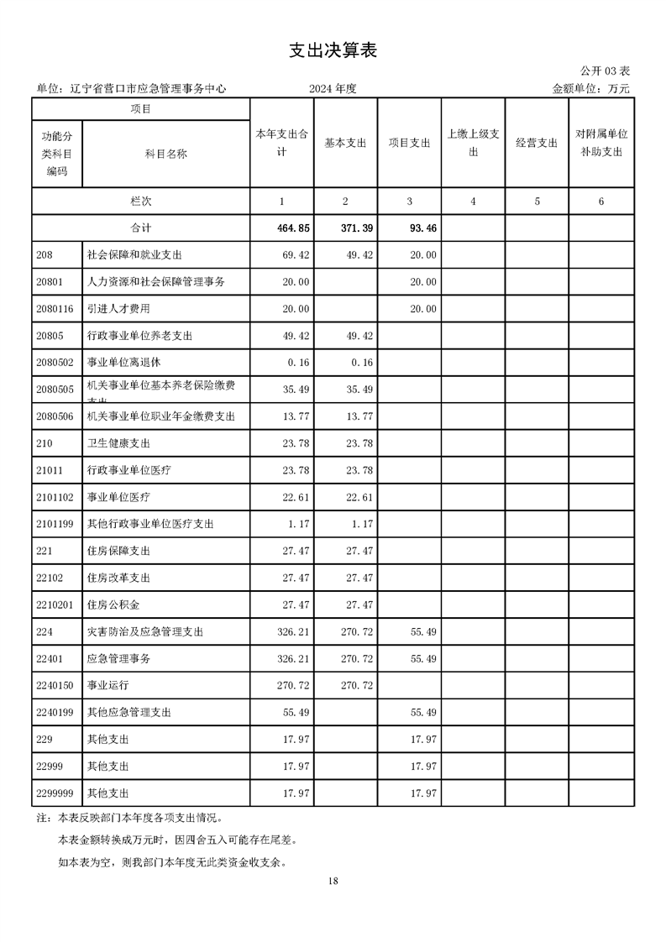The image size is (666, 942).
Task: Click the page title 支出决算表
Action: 333,50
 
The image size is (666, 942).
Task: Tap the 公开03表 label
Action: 604,71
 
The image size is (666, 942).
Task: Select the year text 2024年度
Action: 333,88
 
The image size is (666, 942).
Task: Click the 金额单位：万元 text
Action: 590,88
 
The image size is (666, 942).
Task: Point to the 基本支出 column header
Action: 345,143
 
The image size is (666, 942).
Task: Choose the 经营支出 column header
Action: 537,143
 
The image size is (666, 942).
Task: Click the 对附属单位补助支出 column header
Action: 601,143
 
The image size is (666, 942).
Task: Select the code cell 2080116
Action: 57,308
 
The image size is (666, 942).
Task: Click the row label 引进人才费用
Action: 118,308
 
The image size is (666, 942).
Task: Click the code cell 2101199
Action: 57,524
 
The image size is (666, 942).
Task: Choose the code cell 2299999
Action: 57,793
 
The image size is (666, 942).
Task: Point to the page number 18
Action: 333,881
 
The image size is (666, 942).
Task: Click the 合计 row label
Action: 141,228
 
